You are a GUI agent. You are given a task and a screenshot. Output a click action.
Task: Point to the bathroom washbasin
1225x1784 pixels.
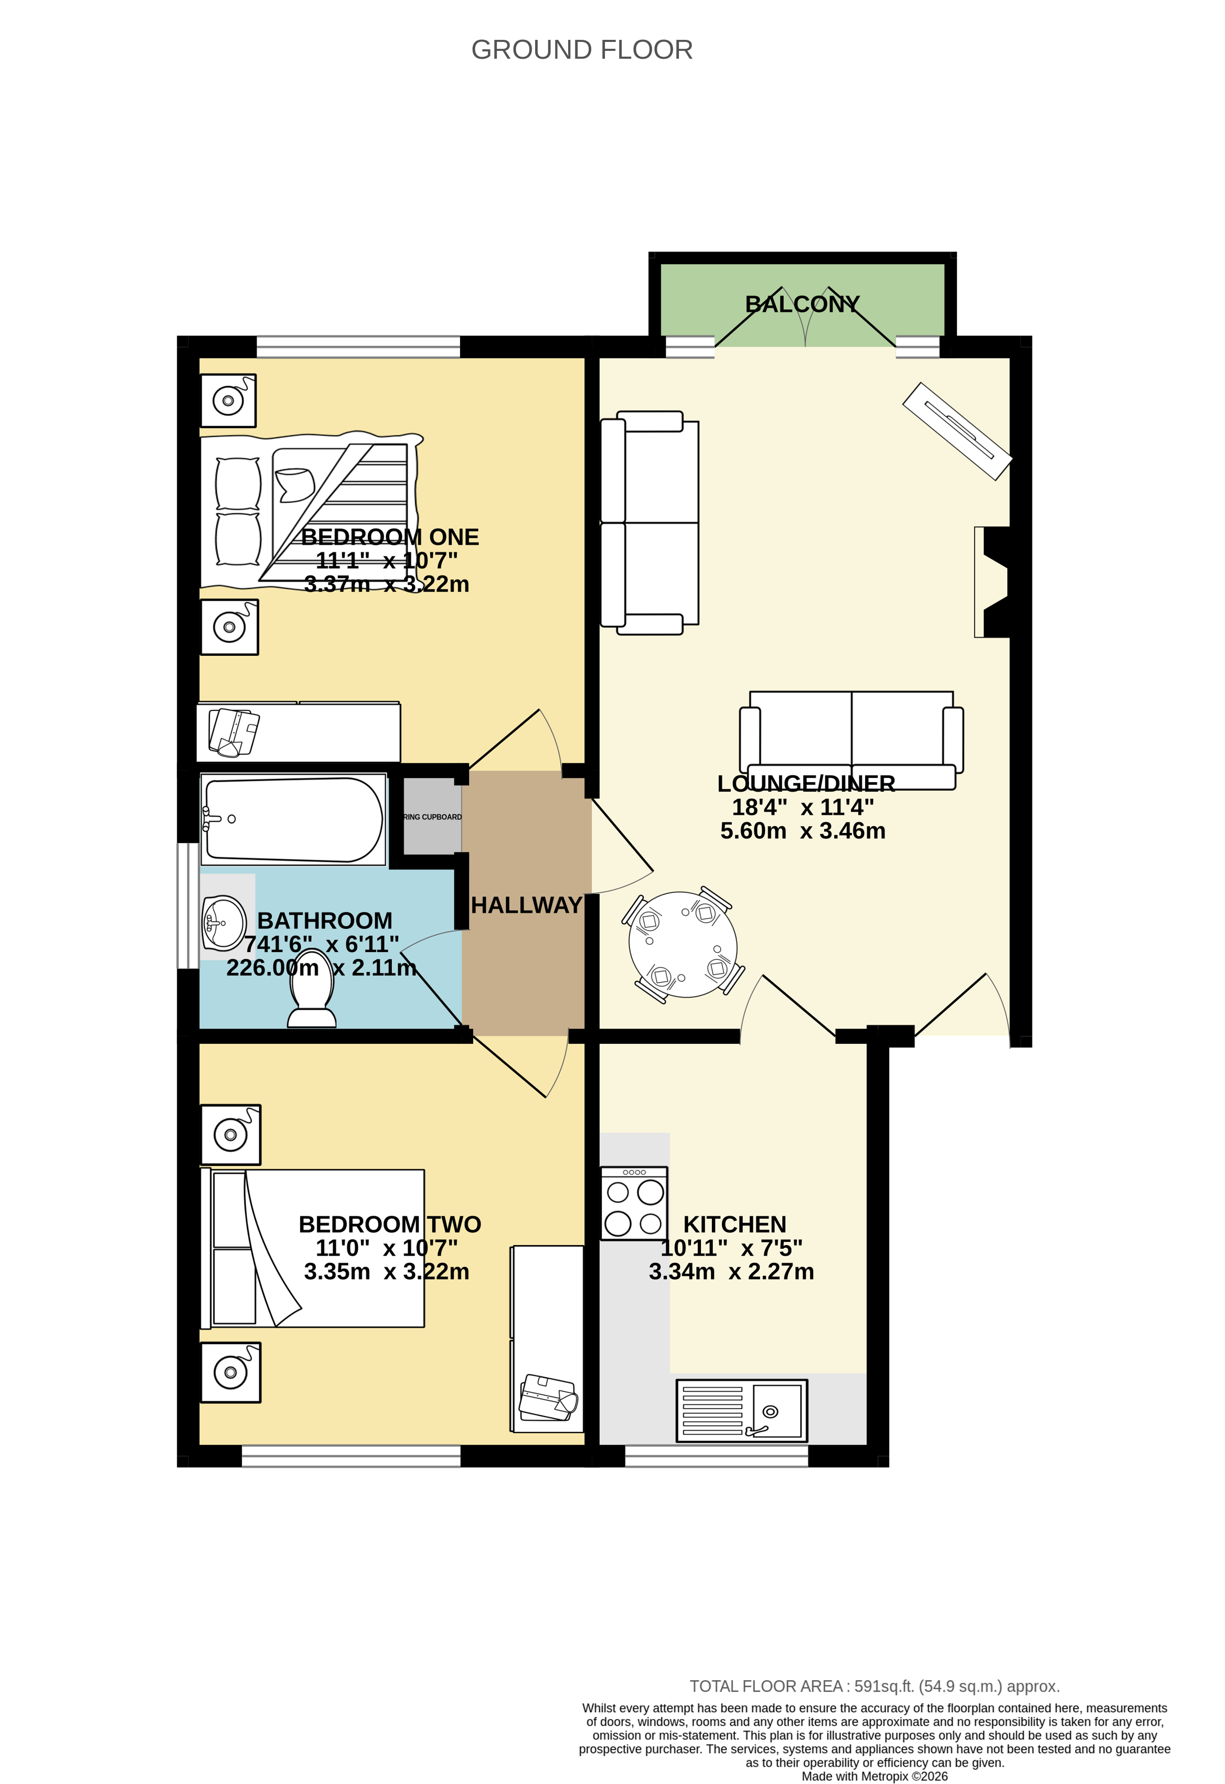[x=223, y=923]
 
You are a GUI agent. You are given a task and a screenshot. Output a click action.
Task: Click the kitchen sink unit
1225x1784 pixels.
[x=741, y=1411]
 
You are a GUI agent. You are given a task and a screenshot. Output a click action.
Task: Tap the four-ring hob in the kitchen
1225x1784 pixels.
[x=634, y=1204]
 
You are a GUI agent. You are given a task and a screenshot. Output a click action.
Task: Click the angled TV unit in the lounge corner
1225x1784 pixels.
[x=957, y=430]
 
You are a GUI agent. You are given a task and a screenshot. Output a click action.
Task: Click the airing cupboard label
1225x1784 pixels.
[x=432, y=817]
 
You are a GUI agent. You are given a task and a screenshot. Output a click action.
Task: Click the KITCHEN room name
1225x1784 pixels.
[x=734, y=1225]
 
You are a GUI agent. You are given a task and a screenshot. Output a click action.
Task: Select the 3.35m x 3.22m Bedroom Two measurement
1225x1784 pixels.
[x=386, y=1271]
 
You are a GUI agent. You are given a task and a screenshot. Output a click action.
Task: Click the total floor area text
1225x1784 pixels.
[x=874, y=1686]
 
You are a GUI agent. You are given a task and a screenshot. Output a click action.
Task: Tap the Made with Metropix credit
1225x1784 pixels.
[x=874, y=1776]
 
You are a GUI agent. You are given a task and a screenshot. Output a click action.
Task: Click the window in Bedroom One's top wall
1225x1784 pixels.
[x=358, y=347]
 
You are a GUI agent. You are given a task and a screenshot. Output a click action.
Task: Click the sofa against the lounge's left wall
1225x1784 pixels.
[x=650, y=523]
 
